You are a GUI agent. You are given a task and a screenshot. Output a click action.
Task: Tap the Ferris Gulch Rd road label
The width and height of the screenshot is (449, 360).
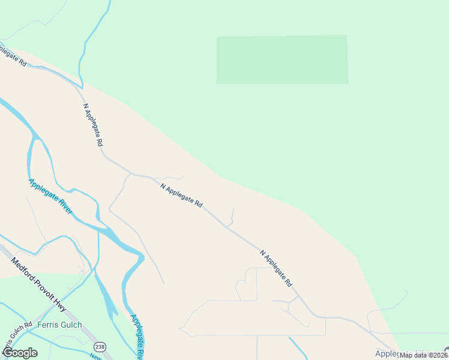(x=17, y=338)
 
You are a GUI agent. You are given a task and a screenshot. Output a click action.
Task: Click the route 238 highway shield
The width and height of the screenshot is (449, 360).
(x=99, y=347)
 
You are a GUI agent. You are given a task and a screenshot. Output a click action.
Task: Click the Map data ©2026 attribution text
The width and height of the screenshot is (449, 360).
(x=423, y=355)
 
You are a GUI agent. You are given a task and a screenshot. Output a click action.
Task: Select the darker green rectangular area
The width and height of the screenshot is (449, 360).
(x=282, y=59)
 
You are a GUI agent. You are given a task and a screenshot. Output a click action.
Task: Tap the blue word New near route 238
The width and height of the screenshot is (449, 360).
(x=95, y=357)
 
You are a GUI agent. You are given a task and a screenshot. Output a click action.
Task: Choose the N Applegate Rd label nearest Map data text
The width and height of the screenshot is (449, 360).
(x=276, y=268)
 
